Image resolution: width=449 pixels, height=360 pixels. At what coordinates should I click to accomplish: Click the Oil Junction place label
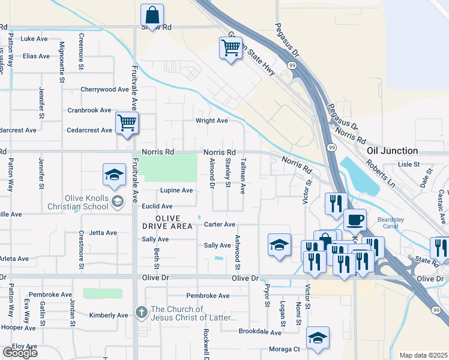[x=393, y=151]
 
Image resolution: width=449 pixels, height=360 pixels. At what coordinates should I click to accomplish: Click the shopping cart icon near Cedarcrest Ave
[x=127, y=123]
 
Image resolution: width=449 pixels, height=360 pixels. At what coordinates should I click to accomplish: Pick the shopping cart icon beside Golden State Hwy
[x=231, y=47]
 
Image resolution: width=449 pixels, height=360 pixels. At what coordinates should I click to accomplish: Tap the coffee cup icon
[x=355, y=220]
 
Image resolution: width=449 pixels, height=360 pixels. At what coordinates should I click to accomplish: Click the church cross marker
[x=141, y=312]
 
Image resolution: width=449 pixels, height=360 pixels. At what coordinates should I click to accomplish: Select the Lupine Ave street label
[x=176, y=190]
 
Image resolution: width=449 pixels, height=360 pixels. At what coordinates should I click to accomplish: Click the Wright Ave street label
[x=212, y=120]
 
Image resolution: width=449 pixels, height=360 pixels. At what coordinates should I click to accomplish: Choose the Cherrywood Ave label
[x=105, y=89]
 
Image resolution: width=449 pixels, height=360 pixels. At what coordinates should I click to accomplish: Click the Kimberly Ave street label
[x=108, y=315]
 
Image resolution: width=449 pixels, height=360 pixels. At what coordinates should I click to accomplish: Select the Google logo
[x=20, y=353]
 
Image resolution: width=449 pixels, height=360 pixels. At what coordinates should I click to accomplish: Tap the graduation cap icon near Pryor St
[x=279, y=245]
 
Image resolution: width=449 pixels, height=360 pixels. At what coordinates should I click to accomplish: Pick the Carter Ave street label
[x=219, y=224]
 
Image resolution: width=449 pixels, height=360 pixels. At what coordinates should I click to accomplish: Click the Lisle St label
[x=408, y=163]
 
